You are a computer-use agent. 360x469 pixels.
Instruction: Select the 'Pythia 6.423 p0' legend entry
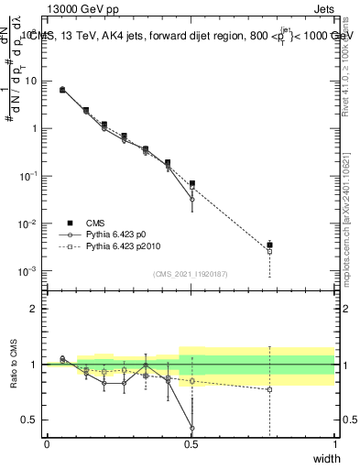116,234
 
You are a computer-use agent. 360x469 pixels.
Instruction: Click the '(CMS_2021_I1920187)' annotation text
190,274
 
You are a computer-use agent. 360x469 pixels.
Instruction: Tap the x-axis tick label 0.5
191,444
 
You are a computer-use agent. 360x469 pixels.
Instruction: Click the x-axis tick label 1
334,444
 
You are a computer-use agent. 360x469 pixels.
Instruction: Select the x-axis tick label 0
47,444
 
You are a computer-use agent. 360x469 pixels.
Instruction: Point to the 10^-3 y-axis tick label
30,271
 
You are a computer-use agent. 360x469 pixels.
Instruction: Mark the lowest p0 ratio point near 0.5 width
191,428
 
